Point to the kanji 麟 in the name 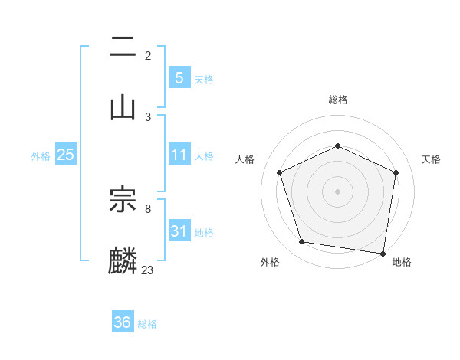(123, 260)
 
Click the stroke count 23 (148, 270)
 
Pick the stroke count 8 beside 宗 (148, 208)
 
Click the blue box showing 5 (179, 78)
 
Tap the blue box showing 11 (179, 155)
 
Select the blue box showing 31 (179, 231)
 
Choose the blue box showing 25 (65, 155)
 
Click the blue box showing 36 (122, 322)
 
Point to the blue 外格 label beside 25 (41, 155)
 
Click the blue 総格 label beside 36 (147, 324)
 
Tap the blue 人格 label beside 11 (204, 155)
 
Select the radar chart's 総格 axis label (338, 100)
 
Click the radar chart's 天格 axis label (432, 159)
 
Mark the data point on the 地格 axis (383, 253)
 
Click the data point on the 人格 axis (280, 172)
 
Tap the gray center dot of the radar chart (338, 191)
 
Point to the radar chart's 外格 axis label (270, 262)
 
